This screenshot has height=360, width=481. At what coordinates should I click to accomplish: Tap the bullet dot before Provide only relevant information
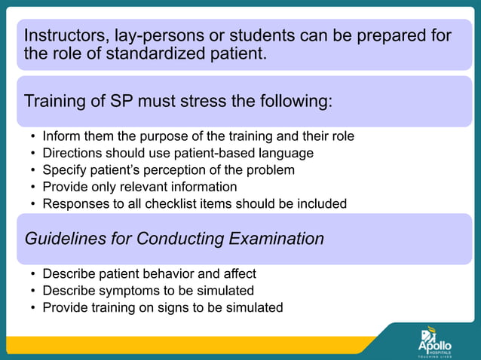coord(32,187)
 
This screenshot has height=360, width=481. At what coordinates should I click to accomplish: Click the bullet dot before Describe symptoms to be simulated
coord(32,291)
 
